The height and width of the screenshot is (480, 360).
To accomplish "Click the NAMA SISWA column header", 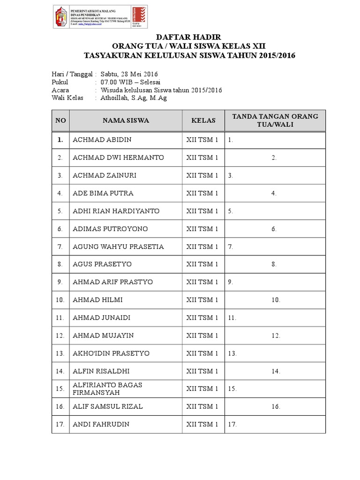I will (x=126, y=120).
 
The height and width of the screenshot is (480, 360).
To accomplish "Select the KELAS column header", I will (x=203, y=120).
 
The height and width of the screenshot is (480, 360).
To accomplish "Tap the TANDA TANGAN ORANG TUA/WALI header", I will (x=275, y=120).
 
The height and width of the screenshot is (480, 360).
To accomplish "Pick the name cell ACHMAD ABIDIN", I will (x=102, y=140).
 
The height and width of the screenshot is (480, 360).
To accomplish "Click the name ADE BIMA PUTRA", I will (x=103, y=193).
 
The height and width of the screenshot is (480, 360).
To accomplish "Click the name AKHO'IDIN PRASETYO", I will (x=111, y=353).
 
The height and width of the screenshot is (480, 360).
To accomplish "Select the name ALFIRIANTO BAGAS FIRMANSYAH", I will (x=107, y=389).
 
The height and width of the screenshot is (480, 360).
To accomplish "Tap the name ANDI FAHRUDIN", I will (x=101, y=424).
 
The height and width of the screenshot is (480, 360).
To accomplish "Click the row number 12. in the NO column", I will (x=60, y=336).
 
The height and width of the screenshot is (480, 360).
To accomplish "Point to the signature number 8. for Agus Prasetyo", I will (x=274, y=264).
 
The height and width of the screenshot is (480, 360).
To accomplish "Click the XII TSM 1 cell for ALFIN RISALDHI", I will (x=202, y=371).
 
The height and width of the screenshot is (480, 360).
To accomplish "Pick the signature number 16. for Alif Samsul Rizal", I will (x=275, y=407).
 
